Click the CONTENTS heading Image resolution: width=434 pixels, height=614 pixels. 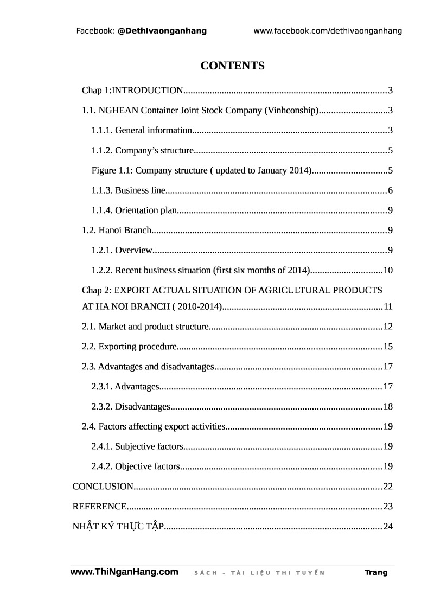coord(232,66)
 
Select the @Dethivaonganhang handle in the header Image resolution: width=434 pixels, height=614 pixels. coord(162,31)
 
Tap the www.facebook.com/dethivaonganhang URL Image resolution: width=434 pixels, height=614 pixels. coord(328,31)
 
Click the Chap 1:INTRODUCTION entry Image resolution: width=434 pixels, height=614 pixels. coord(133,90)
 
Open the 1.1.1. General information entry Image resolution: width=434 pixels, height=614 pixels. coord(142,130)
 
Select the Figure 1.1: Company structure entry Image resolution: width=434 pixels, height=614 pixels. coord(201,170)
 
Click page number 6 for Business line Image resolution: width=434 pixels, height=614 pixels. coord(390,190)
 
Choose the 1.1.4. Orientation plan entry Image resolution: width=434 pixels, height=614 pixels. coord(135,210)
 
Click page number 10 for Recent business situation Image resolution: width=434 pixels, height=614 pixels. coord(387,271)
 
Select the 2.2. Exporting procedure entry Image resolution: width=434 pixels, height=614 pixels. coord(129,347)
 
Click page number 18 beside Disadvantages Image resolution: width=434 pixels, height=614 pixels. coord(387,407)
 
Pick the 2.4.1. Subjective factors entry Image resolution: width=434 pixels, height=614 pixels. coord(138,446)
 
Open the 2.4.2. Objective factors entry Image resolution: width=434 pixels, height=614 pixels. coord(135,466)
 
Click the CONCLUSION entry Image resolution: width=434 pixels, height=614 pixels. coord(103,487)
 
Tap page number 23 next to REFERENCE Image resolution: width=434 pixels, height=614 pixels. coord(387,507)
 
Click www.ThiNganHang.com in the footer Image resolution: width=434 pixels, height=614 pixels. coord(124,572)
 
